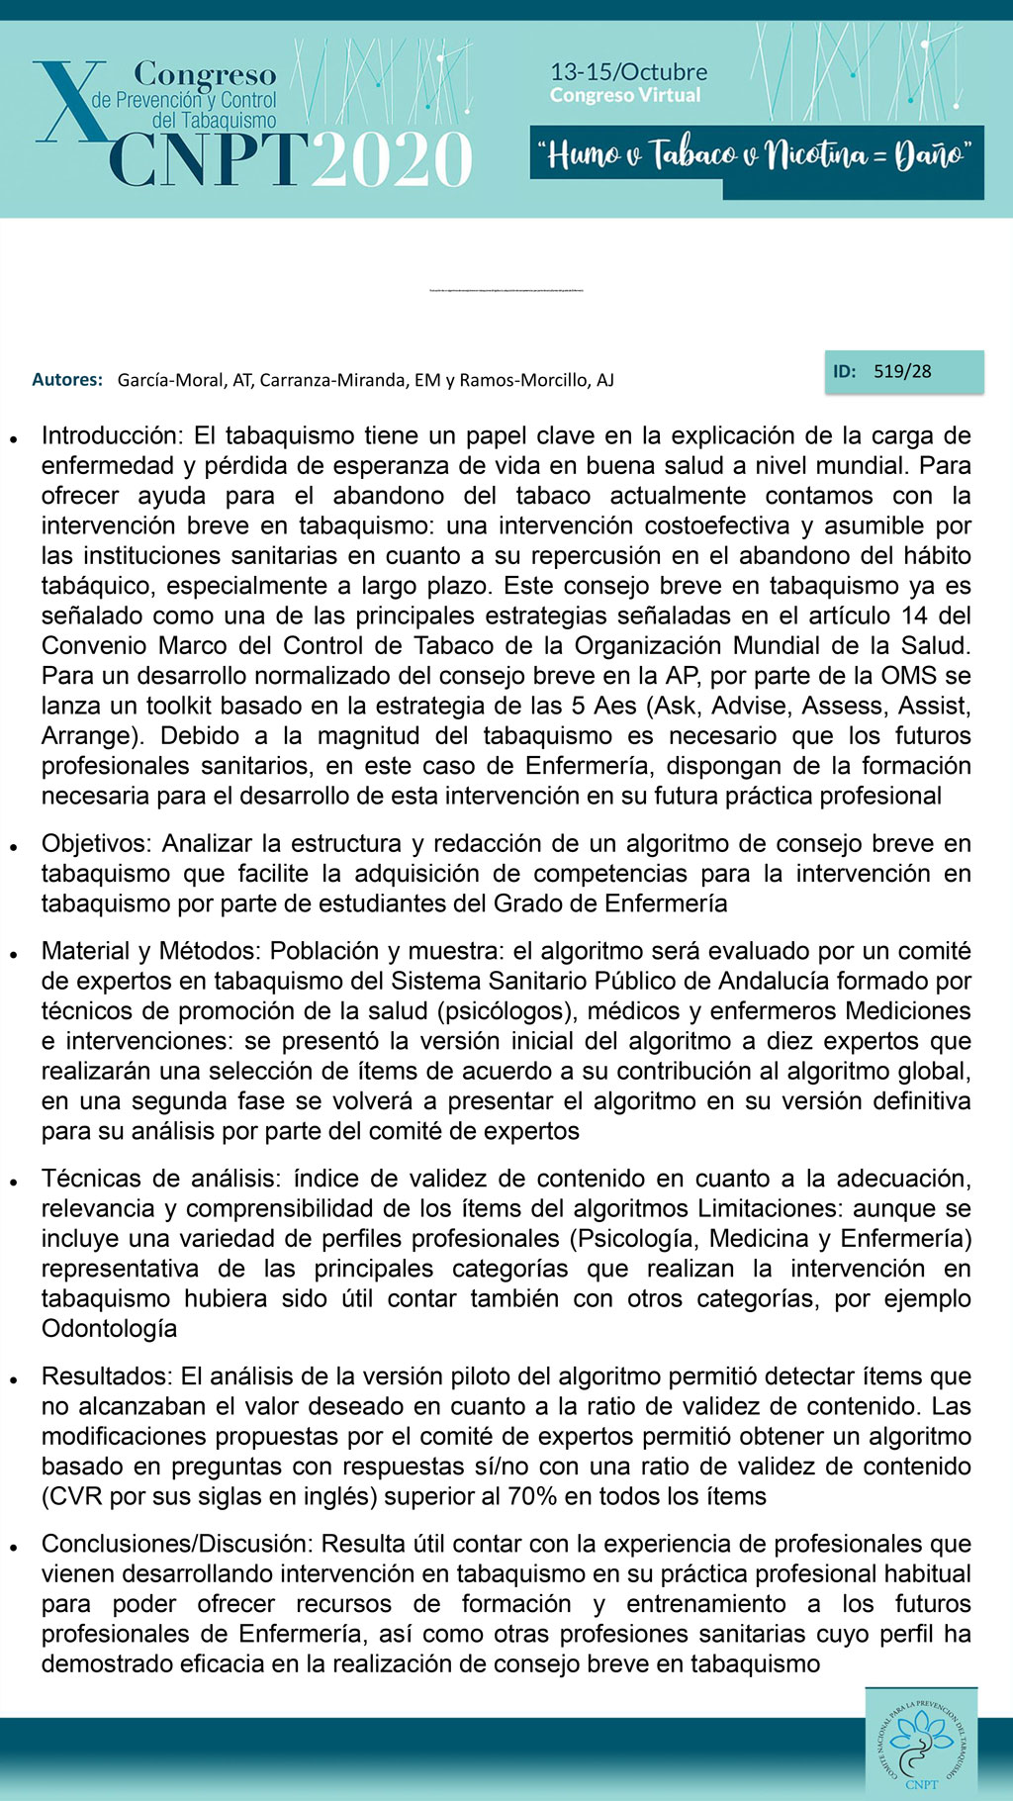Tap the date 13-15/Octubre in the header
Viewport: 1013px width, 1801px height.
click(628, 72)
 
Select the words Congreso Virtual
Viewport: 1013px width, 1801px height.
click(625, 96)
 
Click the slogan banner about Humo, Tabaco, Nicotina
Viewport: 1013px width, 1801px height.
click(757, 155)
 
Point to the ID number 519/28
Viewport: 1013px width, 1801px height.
click(902, 372)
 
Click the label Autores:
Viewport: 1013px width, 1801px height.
click(67, 380)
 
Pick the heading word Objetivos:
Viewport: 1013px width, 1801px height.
click(97, 844)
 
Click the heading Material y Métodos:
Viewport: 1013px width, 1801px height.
click(151, 951)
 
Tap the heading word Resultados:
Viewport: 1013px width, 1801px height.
click(107, 1376)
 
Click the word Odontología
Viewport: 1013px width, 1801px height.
click(109, 1329)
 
